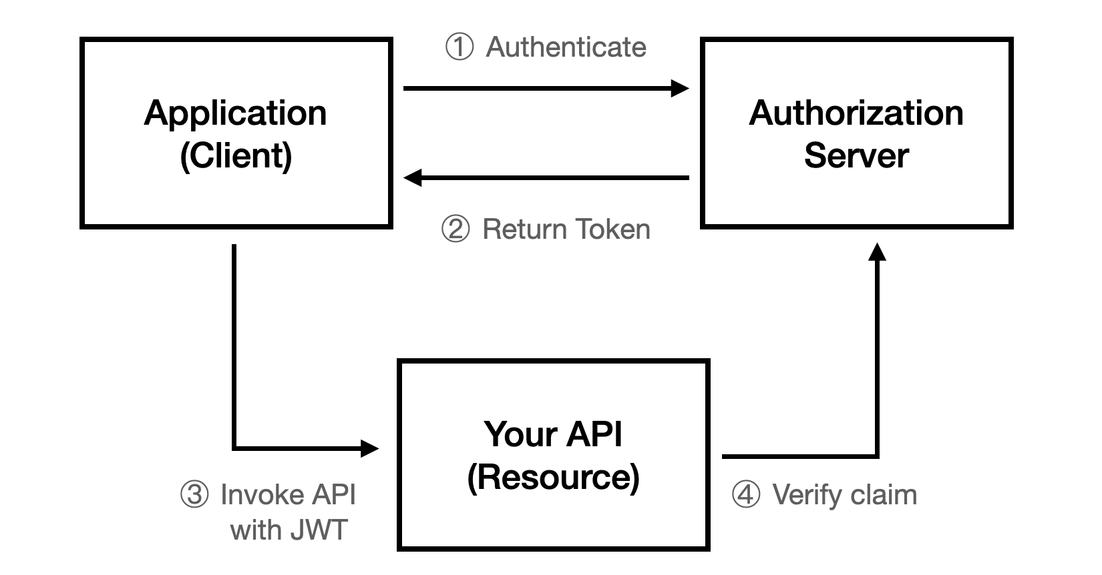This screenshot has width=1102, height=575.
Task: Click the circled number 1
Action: point(459,47)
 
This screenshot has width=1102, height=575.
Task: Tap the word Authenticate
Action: point(566,47)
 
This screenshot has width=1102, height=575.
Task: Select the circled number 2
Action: point(455,229)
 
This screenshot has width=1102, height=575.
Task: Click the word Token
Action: point(612,229)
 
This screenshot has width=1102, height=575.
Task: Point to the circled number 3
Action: point(194,494)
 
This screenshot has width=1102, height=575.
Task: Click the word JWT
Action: point(319,530)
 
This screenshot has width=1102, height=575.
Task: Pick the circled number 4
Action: point(746,494)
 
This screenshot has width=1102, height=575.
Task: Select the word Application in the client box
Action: point(235,113)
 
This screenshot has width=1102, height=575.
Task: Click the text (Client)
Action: point(236,156)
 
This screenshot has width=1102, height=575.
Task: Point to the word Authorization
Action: point(856,113)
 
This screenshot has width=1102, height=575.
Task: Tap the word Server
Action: point(856,155)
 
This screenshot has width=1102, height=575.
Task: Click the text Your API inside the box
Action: point(553,434)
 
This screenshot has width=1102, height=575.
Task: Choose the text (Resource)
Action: point(554,477)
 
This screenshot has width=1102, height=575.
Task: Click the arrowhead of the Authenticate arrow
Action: point(680,89)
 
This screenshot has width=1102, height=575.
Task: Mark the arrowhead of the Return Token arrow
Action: point(412,177)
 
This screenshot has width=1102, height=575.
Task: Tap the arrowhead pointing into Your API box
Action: point(369,448)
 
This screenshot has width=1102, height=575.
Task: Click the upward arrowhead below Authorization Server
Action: point(877,251)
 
